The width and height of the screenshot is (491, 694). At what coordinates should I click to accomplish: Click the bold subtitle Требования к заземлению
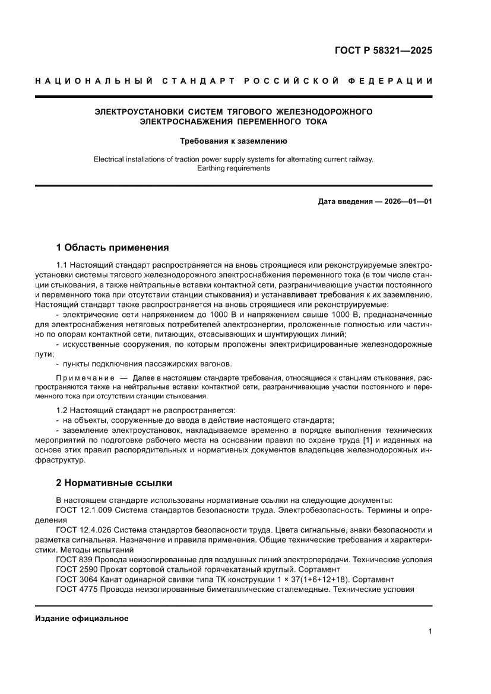(x=234, y=141)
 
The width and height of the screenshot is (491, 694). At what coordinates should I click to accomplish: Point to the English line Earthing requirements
(x=234, y=168)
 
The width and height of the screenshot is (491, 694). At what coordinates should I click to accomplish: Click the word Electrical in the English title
(x=111, y=159)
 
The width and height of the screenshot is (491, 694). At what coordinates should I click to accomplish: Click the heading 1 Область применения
(x=112, y=248)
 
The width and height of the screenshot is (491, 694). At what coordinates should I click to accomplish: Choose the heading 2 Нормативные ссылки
(x=114, y=483)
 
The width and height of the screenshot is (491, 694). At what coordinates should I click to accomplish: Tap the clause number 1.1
(x=62, y=264)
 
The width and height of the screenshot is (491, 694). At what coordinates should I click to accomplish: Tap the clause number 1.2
(x=62, y=410)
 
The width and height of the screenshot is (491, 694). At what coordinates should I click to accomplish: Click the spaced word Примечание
(x=84, y=377)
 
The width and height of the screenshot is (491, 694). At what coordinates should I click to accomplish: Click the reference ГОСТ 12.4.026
(x=83, y=529)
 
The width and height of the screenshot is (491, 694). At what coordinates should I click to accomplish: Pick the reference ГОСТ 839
(x=74, y=560)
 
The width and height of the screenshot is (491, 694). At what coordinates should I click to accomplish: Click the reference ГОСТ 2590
(x=77, y=569)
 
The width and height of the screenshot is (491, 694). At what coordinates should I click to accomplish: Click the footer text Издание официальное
(x=82, y=618)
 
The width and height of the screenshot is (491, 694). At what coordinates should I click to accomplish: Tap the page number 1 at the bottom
(x=429, y=632)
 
